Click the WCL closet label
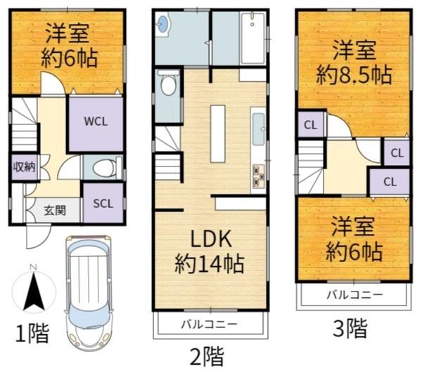coord(96,122)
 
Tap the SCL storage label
coord(103,204)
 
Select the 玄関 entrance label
coord(55,211)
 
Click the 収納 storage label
coord(24,167)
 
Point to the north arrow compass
coord(34,289)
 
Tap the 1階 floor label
coord(32,333)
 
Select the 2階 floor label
coord(207,356)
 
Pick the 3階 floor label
coord(350,328)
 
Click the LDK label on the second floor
coord(211,239)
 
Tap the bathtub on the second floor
coord(252,38)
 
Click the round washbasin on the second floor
coord(163,22)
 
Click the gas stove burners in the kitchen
coord(258,176)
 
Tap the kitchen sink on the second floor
coord(258,129)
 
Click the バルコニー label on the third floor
coord(354,295)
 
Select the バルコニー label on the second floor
coord(209,325)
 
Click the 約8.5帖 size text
coord(354,75)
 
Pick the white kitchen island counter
coord(218,134)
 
